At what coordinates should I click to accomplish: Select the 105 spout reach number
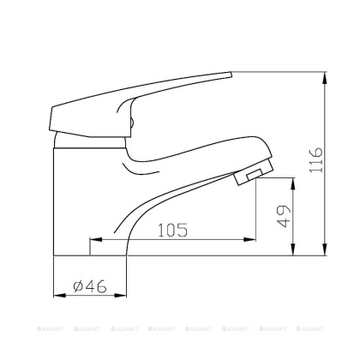point(172,230)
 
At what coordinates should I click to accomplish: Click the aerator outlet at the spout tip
point(249,177)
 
